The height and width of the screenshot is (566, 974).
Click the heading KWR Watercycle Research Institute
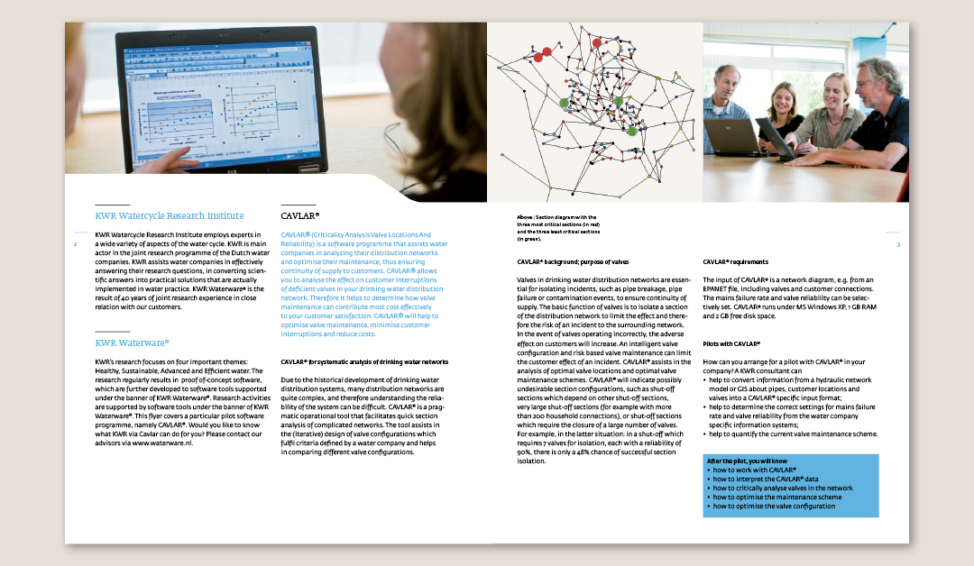tap(169, 215)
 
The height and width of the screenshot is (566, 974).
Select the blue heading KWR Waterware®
tap(132, 342)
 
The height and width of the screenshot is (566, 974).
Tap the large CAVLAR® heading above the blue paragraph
tap(299, 216)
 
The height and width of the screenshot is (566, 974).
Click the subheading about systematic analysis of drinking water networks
tap(364, 361)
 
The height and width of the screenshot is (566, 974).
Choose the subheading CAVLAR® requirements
tap(735, 261)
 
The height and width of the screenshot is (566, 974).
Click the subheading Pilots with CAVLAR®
tap(731, 343)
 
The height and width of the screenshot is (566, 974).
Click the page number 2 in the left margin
tap(75, 244)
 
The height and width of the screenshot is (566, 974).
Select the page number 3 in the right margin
tap(898, 244)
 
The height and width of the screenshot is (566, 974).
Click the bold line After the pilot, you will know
tap(748, 461)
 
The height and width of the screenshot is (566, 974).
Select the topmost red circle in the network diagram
tap(596, 41)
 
